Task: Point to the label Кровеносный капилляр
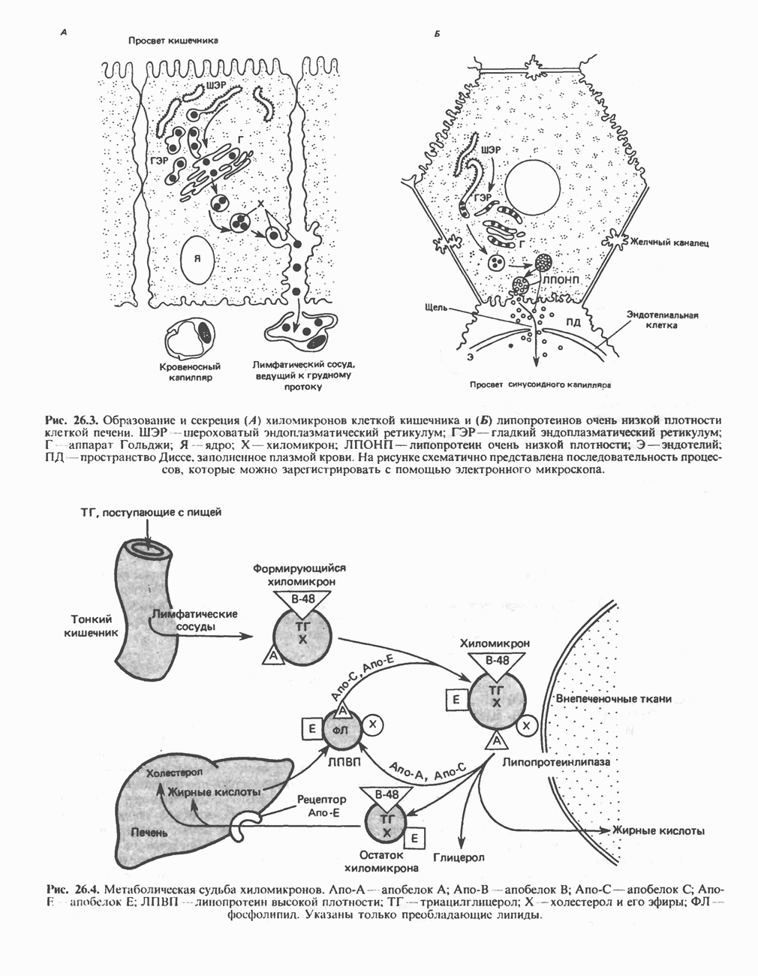[x=190, y=372]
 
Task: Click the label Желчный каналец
[x=669, y=243]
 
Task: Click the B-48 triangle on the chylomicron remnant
[x=386, y=795]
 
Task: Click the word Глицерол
[x=459, y=857]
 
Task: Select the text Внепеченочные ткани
[x=613, y=698]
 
